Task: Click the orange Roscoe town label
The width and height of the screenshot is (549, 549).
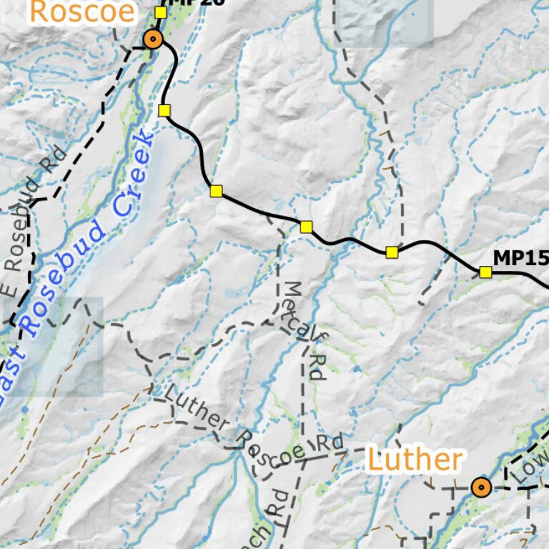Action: tap(82, 11)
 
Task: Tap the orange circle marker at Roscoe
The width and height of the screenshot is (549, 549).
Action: tap(153, 39)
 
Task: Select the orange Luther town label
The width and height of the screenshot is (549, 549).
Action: tap(415, 460)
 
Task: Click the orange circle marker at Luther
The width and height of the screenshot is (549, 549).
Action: tap(481, 488)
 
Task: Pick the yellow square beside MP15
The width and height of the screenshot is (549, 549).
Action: tap(486, 272)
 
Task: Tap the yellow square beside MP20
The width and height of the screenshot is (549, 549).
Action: tap(161, 12)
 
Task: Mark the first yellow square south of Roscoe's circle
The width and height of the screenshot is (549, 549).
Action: tap(164, 110)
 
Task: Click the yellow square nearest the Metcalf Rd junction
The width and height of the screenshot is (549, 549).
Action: tap(306, 227)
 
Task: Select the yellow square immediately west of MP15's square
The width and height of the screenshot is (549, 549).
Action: tap(392, 252)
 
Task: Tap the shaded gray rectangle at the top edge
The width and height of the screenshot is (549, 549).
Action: tap(384, 21)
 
